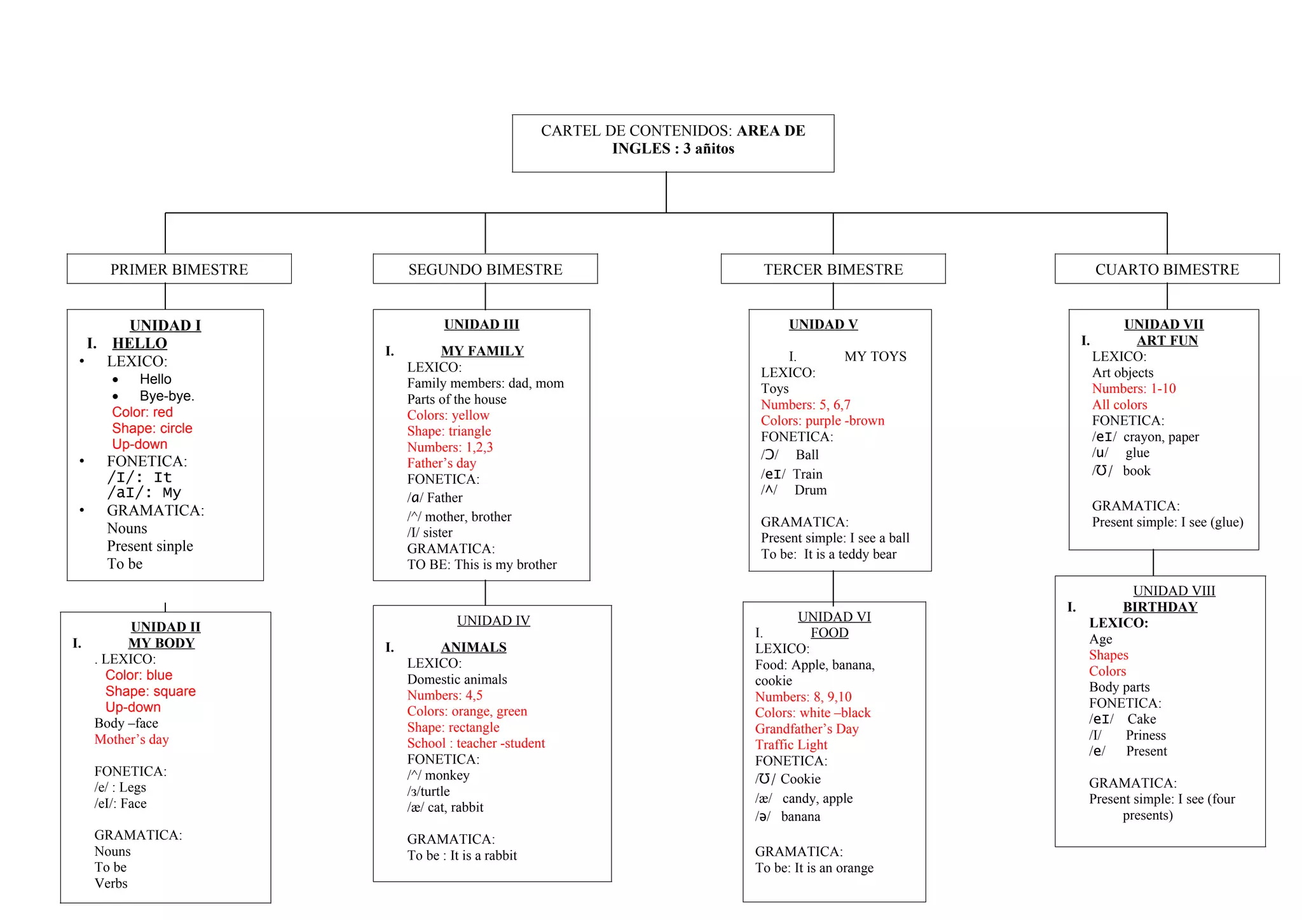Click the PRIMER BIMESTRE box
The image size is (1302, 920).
click(x=179, y=270)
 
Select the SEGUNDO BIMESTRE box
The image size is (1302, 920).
click(x=485, y=270)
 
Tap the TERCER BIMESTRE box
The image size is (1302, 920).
click(x=833, y=270)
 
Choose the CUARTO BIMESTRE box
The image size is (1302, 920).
click(x=1167, y=270)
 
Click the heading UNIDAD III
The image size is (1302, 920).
click(x=481, y=325)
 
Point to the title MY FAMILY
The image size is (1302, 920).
click(x=482, y=351)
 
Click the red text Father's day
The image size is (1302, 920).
click(x=441, y=463)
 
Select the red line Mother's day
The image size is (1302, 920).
click(x=132, y=739)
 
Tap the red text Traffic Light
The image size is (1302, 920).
click(x=791, y=745)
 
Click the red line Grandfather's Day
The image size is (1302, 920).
click(x=806, y=729)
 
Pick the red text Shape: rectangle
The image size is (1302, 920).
click(x=453, y=727)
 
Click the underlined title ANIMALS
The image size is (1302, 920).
click(x=474, y=647)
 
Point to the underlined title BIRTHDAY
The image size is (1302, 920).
click(x=1160, y=607)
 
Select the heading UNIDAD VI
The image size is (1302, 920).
click(x=834, y=617)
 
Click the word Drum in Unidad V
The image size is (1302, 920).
click(x=811, y=490)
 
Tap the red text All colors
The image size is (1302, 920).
click(x=1120, y=405)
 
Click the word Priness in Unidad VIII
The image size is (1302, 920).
click(x=1146, y=736)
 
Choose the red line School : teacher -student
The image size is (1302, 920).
click(x=476, y=744)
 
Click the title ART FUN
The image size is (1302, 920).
click(x=1167, y=341)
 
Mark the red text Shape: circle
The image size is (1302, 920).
click(x=152, y=429)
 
